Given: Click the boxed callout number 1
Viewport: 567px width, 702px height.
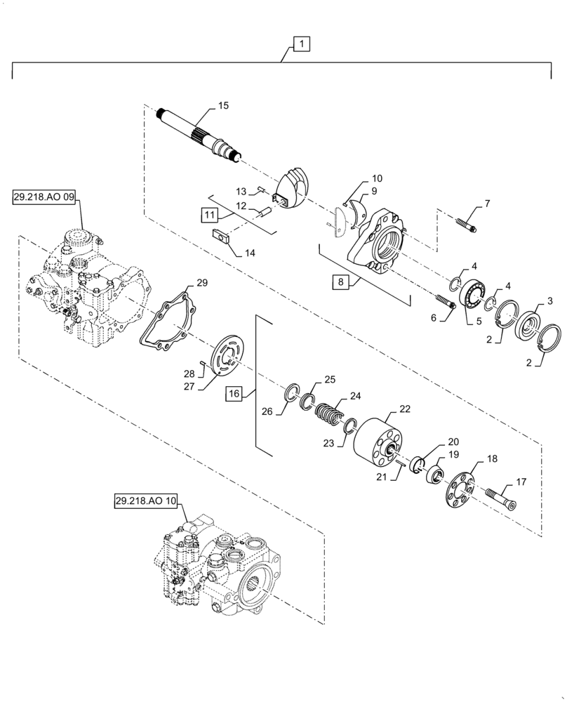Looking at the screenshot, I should click(x=300, y=45).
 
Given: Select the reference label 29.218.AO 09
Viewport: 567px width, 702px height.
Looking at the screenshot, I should click(x=44, y=198).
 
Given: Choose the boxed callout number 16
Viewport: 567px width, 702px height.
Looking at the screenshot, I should click(x=234, y=394).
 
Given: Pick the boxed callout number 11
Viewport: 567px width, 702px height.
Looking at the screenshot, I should click(x=211, y=213).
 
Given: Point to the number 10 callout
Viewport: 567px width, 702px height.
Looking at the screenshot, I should click(x=377, y=178).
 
